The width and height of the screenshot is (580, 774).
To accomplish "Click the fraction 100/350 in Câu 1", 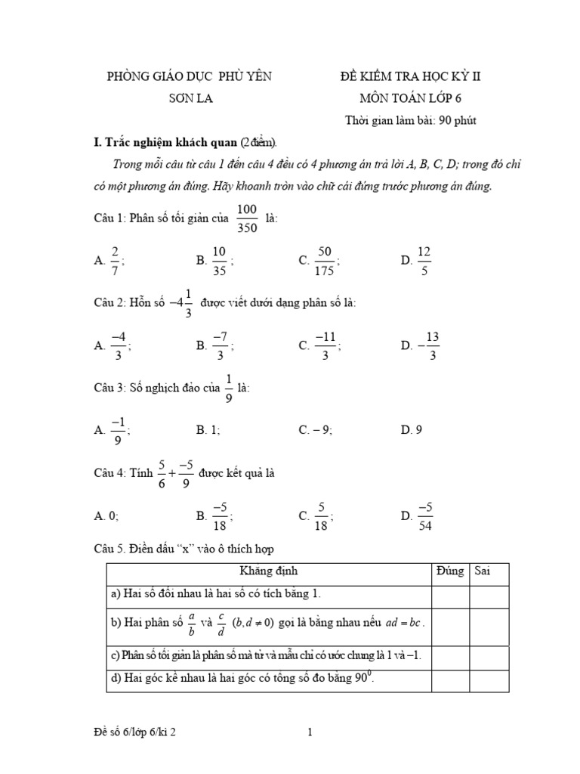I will click(x=247, y=218).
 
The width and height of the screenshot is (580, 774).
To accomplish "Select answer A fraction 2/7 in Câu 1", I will click(x=115, y=260).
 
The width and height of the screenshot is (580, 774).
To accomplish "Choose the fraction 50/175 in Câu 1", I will click(x=325, y=260).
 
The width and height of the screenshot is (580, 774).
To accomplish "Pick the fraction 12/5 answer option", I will click(x=424, y=260).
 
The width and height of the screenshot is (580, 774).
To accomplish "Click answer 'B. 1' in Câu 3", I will click(x=208, y=430).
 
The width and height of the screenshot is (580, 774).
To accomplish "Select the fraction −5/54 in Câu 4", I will click(x=424, y=516).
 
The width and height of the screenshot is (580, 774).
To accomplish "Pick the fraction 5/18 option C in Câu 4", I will click(x=321, y=516).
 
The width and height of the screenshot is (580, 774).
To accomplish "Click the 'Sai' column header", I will click(x=483, y=572).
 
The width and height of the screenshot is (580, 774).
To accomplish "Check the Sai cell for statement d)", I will click(x=491, y=680).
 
